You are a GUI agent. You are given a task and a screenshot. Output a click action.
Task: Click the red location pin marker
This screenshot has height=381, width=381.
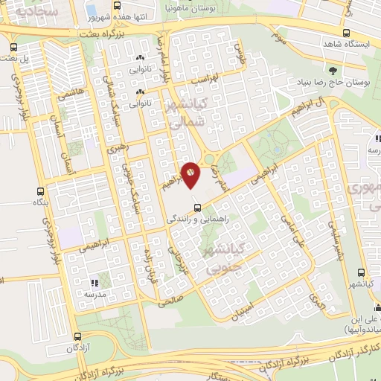pos(190,173)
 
